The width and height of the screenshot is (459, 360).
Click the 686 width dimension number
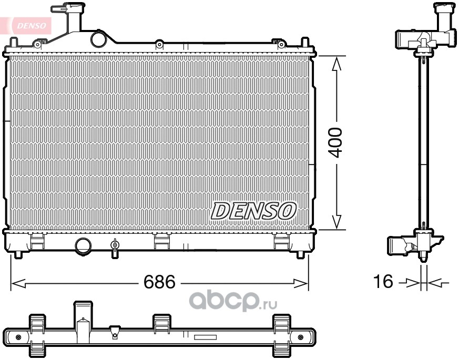pyautogui.click(x=159, y=282)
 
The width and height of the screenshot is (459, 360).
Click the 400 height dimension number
pyautogui.click(x=334, y=142)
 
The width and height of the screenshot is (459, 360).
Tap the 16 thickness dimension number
pyautogui.click(x=383, y=281)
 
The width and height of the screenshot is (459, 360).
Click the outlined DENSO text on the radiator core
pyautogui.click(x=253, y=211)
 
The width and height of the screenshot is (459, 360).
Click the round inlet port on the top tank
pyautogui.click(x=98, y=39)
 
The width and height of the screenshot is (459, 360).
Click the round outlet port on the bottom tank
pyautogui.click(x=83, y=246)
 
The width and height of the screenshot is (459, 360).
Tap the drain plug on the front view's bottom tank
pyautogui.click(x=115, y=248)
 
